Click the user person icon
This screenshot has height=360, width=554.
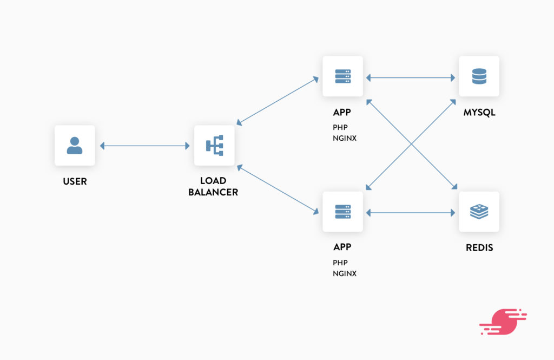[x=75, y=146]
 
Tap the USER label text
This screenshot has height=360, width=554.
[x=75, y=181]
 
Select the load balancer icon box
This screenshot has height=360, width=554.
[x=214, y=146]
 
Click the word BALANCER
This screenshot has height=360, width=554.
[x=213, y=192]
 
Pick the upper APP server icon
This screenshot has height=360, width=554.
[x=343, y=77]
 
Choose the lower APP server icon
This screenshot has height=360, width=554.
[x=343, y=212]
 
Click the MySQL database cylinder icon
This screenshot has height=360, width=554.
[x=479, y=77]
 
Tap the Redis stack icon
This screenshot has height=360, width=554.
[x=479, y=212]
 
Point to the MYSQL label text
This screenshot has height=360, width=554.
[x=479, y=113]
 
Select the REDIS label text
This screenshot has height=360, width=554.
[x=479, y=248]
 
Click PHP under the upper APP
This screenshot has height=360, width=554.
[x=340, y=128]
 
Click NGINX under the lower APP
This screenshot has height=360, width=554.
[x=345, y=273]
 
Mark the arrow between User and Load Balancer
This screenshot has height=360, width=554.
[x=144, y=146]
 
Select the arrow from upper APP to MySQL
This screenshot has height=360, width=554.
[x=411, y=78]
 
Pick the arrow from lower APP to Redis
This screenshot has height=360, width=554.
[x=411, y=213]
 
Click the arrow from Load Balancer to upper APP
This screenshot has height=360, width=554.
[x=278, y=101]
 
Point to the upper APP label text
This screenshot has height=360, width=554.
[x=342, y=113]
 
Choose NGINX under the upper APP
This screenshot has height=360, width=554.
[x=345, y=139]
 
